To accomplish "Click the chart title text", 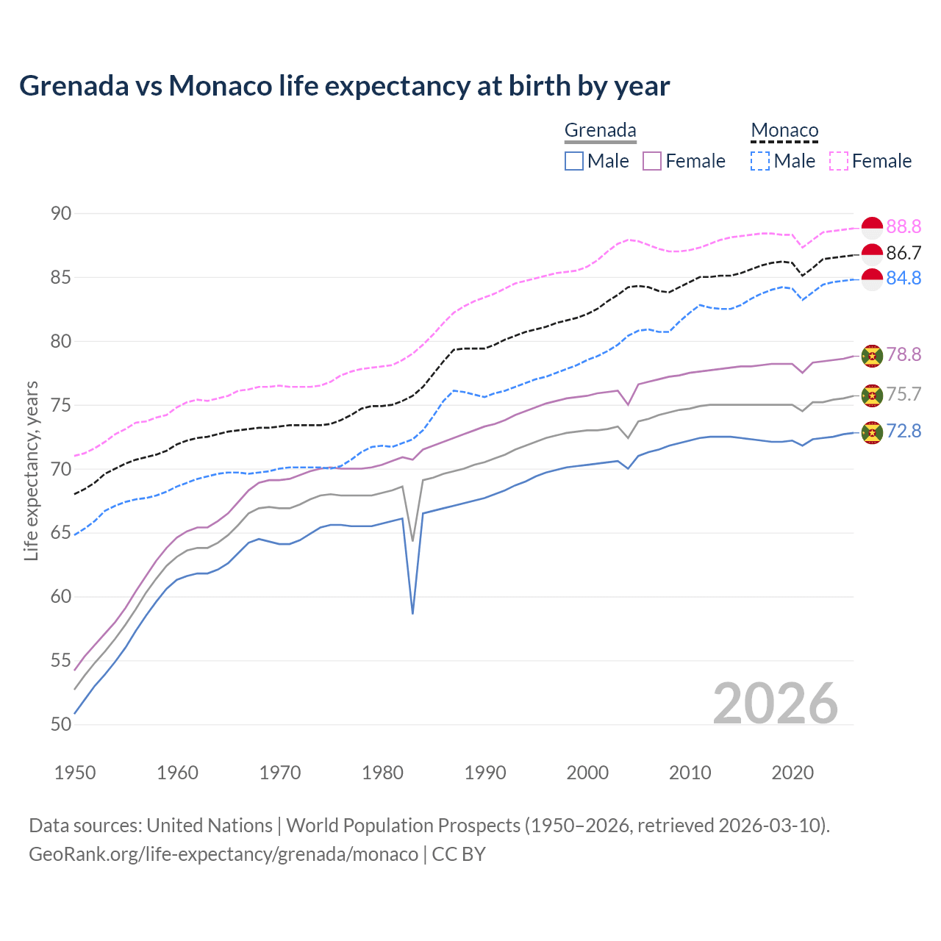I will (x=344, y=86).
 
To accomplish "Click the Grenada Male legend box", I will (x=574, y=161).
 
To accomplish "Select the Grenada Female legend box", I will (x=653, y=161).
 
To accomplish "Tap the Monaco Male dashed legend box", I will (x=760, y=161).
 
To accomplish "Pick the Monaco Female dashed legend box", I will (x=839, y=161).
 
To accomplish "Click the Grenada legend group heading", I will (x=600, y=130).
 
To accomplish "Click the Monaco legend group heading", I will (x=784, y=130).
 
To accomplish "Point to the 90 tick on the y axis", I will (x=61, y=214).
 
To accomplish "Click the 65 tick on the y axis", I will (x=61, y=533).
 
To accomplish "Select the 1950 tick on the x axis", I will (x=75, y=773).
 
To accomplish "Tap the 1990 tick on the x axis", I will (x=485, y=773).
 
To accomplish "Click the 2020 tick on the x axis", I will (x=792, y=773).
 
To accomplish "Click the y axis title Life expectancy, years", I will (x=31, y=470).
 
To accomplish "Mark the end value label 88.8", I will (x=904, y=226).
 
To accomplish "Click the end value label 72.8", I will (x=904, y=432).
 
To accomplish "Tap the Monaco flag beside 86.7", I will (x=872, y=254).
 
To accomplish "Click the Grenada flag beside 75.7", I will (x=872, y=395).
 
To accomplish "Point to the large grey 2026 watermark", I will (x=776, y=704).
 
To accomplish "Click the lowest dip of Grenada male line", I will (x=412, y=612).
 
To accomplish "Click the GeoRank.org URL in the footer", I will (x=223, y=854).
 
